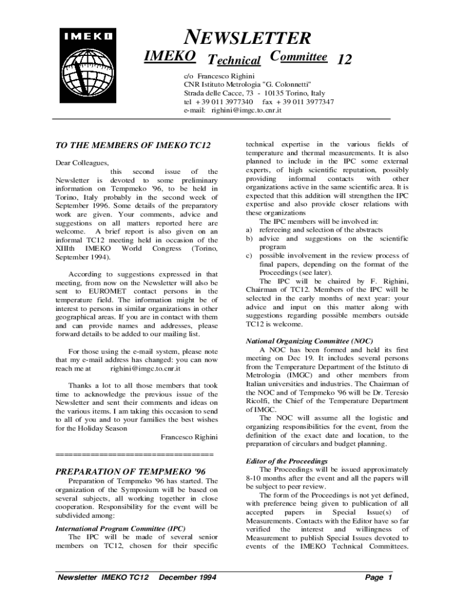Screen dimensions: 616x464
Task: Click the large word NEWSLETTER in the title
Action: click(x=247, y=38)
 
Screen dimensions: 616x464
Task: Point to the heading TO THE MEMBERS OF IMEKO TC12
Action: click(x=133, y=146)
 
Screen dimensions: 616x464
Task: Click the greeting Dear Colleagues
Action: click(x=82, y=162)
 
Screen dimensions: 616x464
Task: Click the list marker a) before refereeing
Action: click(x=249, y=230)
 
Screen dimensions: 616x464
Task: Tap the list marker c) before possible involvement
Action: click(x=249, y=256)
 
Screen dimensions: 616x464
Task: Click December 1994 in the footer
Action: click(x=187, y=578)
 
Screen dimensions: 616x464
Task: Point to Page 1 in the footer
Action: click(x=378, y=578)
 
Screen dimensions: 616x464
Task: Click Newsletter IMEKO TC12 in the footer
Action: click(x=102, y=578)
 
